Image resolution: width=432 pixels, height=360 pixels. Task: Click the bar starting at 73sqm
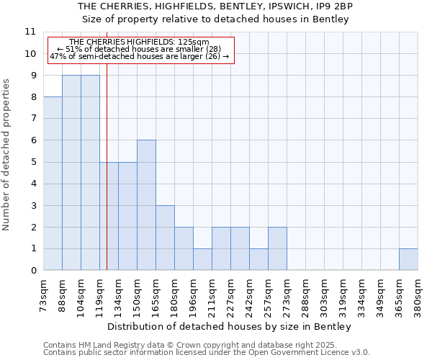53,184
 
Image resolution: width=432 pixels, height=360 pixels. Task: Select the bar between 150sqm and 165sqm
146,205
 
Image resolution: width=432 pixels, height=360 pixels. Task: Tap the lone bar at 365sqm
408,259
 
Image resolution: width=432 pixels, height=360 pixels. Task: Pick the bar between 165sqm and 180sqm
165,238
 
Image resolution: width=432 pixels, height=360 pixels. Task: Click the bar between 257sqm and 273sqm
277,248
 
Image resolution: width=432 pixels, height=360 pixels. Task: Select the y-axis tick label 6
33,140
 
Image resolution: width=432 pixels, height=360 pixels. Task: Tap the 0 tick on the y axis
33,271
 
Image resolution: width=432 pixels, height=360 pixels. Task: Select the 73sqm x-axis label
44,293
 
